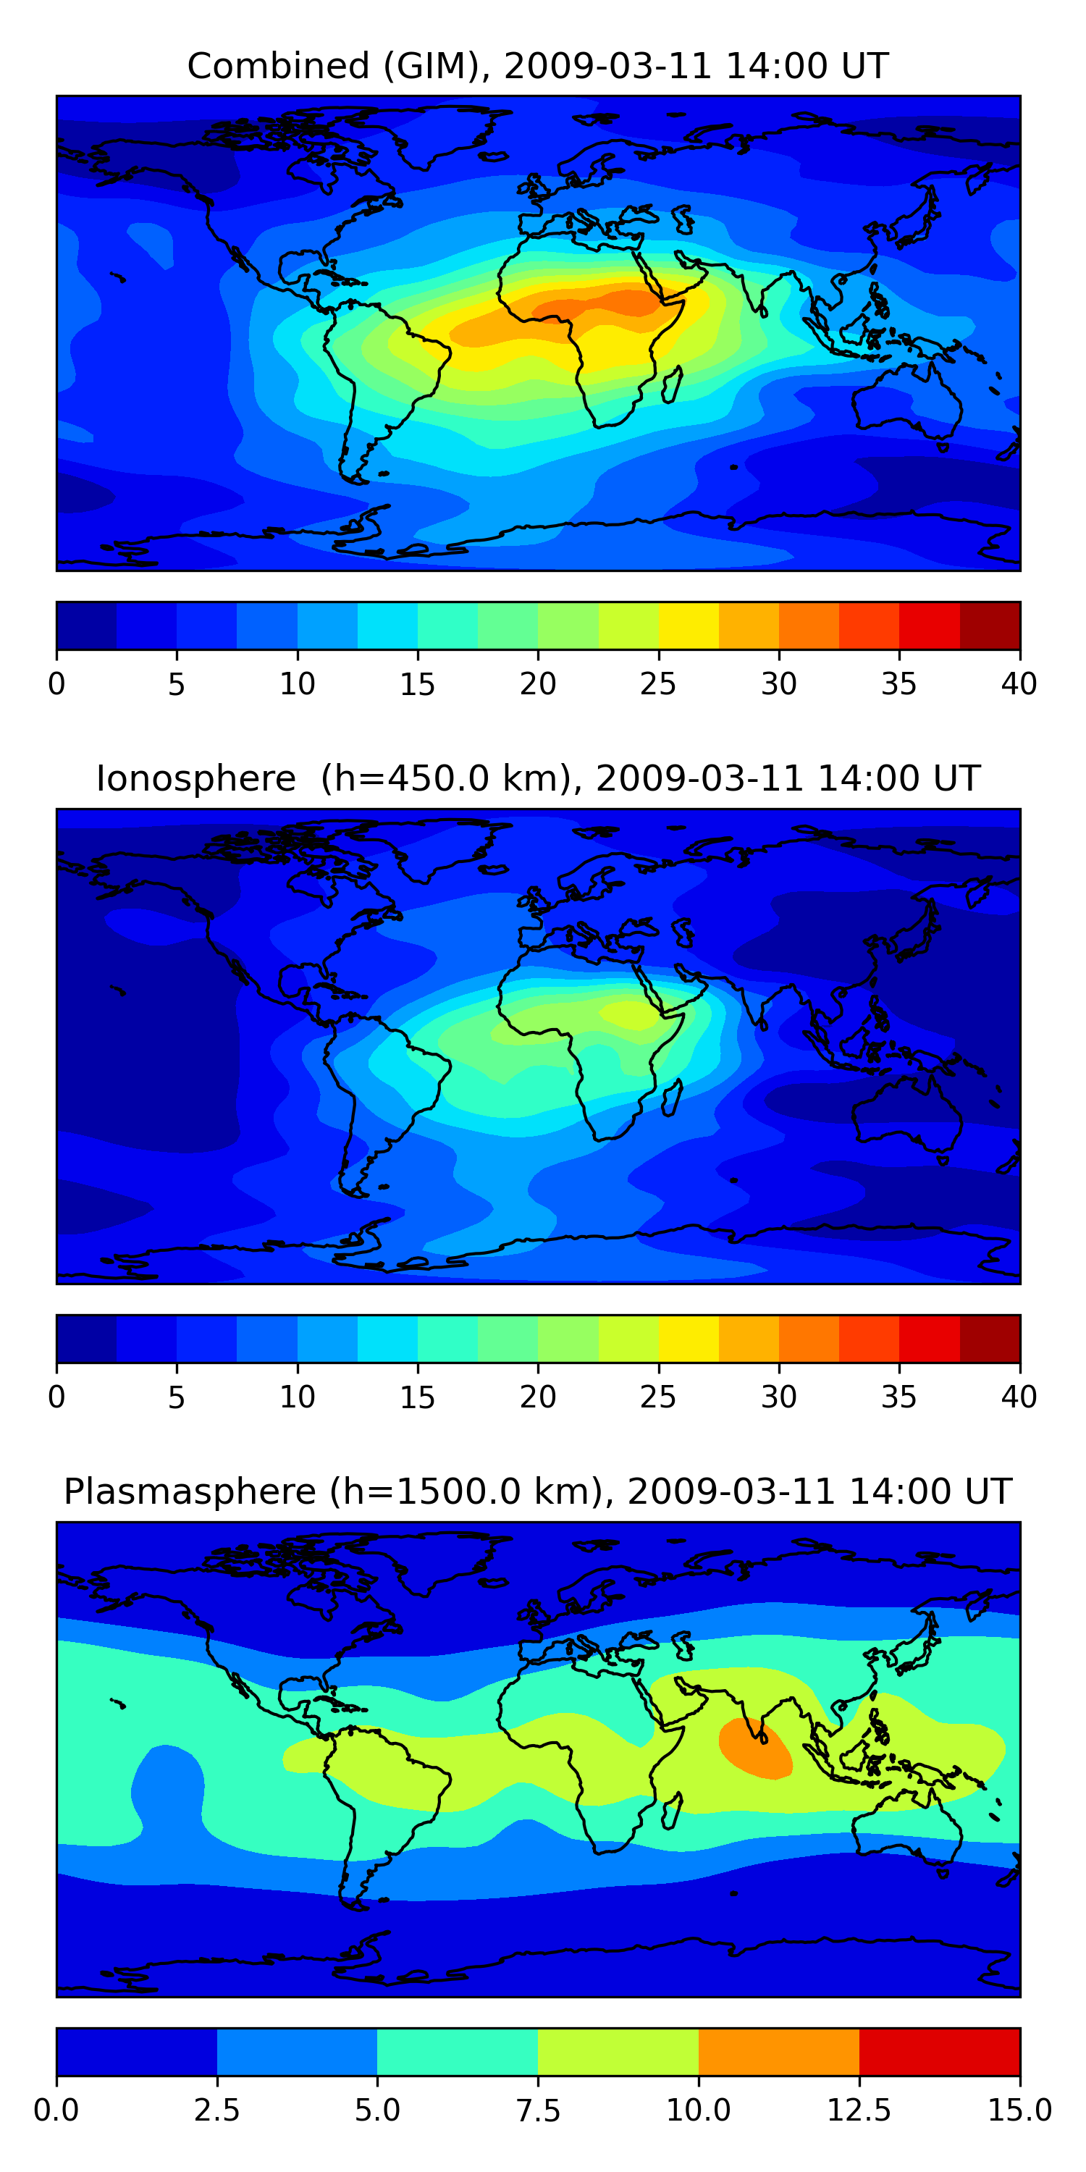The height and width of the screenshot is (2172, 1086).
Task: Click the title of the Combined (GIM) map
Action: coord(538,66)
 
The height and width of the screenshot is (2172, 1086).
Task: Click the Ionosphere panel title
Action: coord(538,778)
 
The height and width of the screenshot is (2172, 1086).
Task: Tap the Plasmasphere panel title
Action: coord(538,1491)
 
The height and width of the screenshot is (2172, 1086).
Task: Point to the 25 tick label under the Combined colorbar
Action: coord(657,683)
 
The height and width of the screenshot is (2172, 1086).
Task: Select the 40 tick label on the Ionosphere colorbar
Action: coord(1019,1397)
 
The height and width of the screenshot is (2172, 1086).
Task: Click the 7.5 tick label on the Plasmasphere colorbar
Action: coord(538,2110)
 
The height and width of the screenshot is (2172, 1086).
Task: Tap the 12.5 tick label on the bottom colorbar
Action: coord(859,2110)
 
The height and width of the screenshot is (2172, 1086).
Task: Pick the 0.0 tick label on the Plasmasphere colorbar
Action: coord(56,2110)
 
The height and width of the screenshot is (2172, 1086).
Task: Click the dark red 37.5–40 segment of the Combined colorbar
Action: coord(990,626)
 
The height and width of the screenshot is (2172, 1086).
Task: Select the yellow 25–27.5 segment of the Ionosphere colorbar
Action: coord(689,1339)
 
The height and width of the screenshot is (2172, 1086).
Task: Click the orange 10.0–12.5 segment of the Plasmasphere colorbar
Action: coord(779,2051)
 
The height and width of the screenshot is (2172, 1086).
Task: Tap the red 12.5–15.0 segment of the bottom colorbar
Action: coord(939,2051)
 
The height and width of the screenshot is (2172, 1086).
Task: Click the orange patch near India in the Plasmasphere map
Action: coord(754,1748)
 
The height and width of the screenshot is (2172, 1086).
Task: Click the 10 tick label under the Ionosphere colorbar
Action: coord(297,1397)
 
